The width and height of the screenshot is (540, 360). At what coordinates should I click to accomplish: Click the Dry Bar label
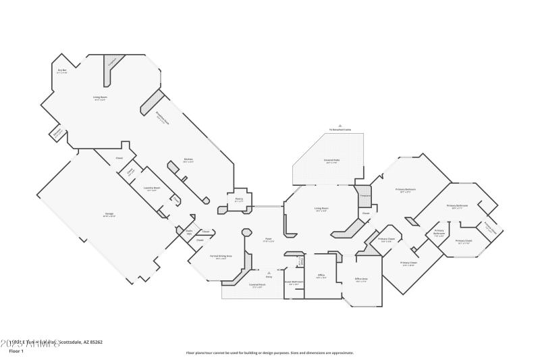(61, 71)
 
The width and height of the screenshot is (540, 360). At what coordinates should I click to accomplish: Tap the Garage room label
(109, 215)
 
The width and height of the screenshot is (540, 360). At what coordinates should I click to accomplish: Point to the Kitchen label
(188, 160)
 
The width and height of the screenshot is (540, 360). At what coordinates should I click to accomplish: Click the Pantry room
(239, 199)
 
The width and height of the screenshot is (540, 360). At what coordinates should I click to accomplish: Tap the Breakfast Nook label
(163, 115)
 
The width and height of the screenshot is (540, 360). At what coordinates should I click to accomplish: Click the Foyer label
(268, 239)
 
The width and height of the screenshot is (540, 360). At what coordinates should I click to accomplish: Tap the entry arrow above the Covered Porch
(269, 273)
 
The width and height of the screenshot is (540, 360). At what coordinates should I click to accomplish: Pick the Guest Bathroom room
(294, 283)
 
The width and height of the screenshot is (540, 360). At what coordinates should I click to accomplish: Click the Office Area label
(361, 279)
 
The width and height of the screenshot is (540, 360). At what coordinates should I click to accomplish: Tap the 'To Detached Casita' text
(341, 129)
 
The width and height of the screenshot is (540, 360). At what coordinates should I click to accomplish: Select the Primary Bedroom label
(407, 190)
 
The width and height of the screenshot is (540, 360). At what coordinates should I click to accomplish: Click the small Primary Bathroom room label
(439, 234)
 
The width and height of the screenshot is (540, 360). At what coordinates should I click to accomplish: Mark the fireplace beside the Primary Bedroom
(365, 195)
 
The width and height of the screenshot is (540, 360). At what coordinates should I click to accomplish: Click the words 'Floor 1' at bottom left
(16, 351)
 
